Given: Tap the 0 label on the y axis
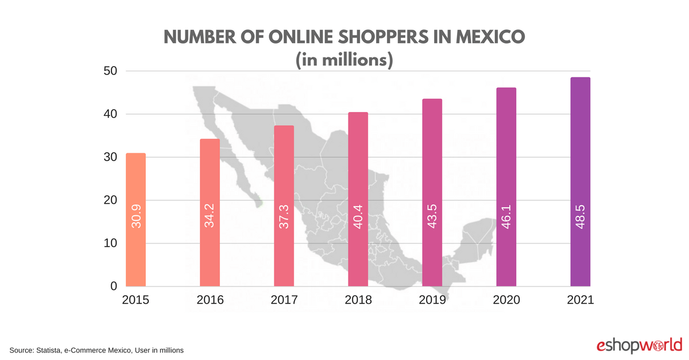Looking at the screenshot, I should click(114, 286).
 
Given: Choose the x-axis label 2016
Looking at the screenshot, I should click(210, 300).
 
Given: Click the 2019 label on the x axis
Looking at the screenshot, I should click(432, 300).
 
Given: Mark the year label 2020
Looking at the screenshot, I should click(506, 300).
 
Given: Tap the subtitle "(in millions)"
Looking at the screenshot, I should click(344, 60).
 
